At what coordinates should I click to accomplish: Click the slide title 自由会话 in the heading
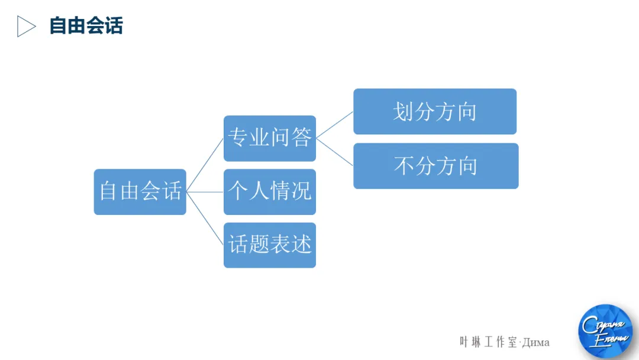click(x=86, y=26)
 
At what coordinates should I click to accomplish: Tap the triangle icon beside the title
click(x=25, y=27)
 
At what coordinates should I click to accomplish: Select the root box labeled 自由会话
click(x=140, y=192)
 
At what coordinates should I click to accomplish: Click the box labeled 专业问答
click(x=270, y=138)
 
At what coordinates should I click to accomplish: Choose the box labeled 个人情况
click(x=270, y=192)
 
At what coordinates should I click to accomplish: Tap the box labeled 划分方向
click(x=435, y=112)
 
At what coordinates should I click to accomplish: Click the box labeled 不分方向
click(x=436, y=166)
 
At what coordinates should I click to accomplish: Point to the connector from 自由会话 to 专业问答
click(x=205, y=165)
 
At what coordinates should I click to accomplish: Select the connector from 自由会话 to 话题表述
click(x=205, y=218)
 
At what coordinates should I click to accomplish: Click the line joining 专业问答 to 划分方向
click(x=335, y=125)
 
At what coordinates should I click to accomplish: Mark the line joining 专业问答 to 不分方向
click(x=335, y=152)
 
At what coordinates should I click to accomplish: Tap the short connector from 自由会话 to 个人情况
click(x=205, y=192)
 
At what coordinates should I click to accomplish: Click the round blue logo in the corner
click(x=605, y=331)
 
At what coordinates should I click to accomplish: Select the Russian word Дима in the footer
click(x=535, y=343)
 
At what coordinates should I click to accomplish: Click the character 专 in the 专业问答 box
click(x=238, y=138)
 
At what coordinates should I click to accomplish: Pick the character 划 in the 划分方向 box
click(x=404, y=112)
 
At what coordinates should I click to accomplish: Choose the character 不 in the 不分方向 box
click(x=405, y=166)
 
